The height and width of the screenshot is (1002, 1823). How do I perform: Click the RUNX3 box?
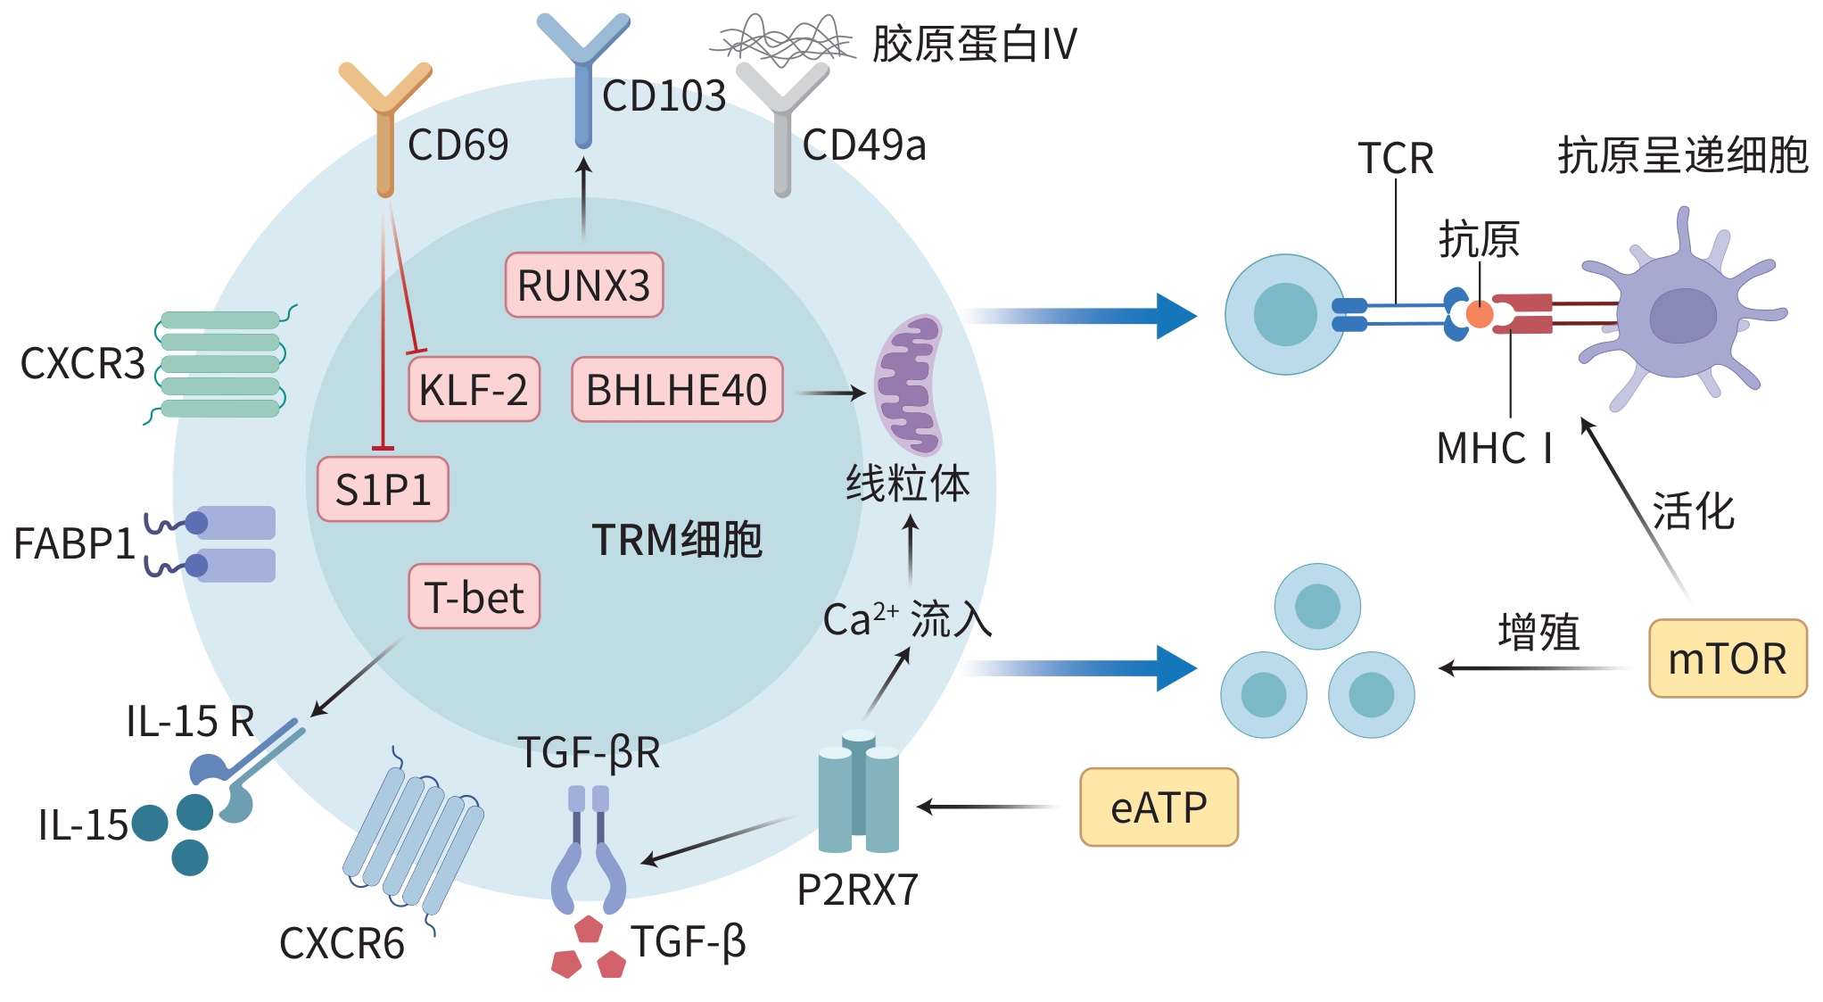pyautogui.click(x=584, y=286)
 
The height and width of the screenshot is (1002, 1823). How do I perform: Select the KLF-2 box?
pyautogui.click(x=474, y=390)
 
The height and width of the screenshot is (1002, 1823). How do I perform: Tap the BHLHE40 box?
pyautogui.click(x=677, y=390)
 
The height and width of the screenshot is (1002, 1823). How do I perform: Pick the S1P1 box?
pyautogui.click(x=383, y=490)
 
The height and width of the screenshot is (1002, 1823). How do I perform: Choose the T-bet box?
pyautogui.click(x=474, y=597)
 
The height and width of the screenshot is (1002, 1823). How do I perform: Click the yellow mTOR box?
pyautogui.click(x=1727, y=658)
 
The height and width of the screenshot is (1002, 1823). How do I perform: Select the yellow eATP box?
pyautogui.click(x=1159, y=807)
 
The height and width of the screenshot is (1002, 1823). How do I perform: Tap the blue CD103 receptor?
pyautogui.click(x=583, y=80)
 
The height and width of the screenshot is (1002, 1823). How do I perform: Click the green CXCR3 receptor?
pyautogui.click(x=220, y=364)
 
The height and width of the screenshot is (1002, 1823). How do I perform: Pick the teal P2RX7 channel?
pyautogui.click(x=858, y=792)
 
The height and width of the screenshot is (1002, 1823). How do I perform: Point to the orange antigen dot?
pyautogui.click(x=1480, y=314)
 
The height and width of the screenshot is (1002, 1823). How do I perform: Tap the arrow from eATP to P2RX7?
pyautogui.click(x=986, y=807)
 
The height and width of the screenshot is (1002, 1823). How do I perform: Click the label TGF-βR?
pyautogui.click(x=589, y=752)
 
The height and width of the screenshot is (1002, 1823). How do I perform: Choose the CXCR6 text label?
pyautogui.click(x=342, y=943)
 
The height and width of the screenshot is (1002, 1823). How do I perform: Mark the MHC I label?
pyautogui.click(x=1494, y=448)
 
